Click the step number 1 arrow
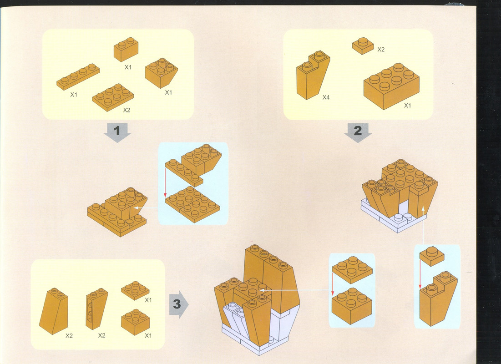click(117, 132)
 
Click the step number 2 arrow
click(358, 132)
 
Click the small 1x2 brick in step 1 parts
click(126, 49)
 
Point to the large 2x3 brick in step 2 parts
click(391, 86)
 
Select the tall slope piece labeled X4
click(313, 75)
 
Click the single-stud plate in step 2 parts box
click(363, 45)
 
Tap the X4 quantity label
click(326, 97)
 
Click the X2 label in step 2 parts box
click(381, 50)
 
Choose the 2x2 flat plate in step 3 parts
click(135, 290)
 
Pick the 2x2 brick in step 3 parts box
click(136, 322)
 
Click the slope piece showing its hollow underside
click(96, 308)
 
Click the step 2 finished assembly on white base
click(400, 196)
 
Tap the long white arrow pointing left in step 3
click(294, 290)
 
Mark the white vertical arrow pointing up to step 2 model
click(423, 225)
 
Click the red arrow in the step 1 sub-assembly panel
click(165, 183)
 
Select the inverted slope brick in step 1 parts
click(162, 73)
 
